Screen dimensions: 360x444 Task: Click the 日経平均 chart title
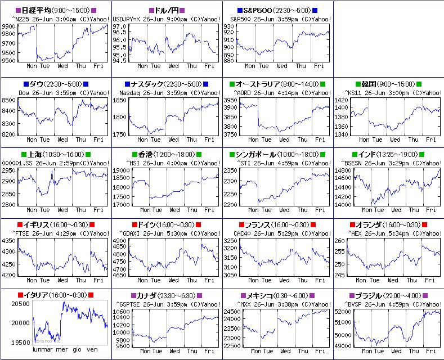55,11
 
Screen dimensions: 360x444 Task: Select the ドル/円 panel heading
167,11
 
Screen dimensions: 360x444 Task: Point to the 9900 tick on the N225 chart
8,26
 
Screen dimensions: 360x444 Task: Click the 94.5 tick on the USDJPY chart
119,61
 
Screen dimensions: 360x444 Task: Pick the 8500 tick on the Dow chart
8,100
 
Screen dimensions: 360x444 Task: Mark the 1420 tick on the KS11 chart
342,100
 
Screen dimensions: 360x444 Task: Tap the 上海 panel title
55,155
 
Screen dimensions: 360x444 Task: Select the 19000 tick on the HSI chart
121,170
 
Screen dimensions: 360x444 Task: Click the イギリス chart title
55,225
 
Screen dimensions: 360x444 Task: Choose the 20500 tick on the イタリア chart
20,304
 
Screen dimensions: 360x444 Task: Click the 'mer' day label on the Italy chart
62,349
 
